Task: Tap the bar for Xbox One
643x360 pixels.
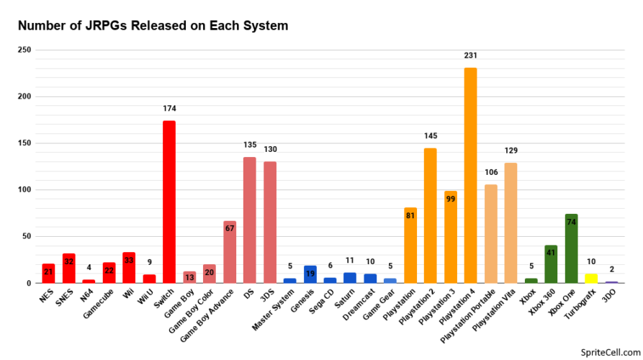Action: click(x=571, y=248)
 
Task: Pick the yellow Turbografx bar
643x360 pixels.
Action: click(x=591, y=278)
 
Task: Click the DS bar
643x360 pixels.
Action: click(x=250, y=220)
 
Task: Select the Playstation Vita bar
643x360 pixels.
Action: click(x=511, y=222)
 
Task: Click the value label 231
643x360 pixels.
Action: click(x=471, y=55)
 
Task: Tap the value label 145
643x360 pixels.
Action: click(x=431, y=136)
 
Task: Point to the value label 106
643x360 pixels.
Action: click(x=491, y=172)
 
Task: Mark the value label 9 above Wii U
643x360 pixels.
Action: click(x=149, y=264)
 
